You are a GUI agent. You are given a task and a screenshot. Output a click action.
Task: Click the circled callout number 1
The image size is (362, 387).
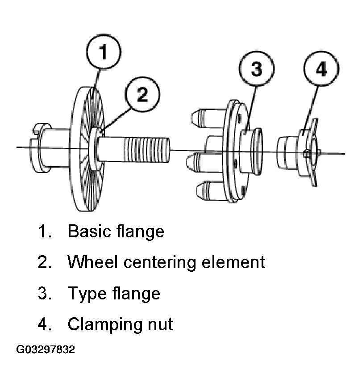coord(104,51)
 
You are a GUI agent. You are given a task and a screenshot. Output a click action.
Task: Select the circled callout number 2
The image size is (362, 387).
coord(142,94)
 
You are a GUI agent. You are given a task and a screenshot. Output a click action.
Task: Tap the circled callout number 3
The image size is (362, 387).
coord(257,68)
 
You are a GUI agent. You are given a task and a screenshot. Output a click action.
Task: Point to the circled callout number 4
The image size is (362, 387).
coord(321,68)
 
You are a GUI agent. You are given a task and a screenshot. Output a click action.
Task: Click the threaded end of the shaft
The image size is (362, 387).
coord(147,150)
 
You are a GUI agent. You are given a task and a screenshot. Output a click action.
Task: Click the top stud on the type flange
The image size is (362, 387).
coord(208,118)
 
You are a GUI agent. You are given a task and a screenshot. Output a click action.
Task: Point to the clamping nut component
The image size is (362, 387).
coord(298,152)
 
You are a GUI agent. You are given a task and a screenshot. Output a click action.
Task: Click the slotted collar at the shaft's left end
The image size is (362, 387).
coord(39,147)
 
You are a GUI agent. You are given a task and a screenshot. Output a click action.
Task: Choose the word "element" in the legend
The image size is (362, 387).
coord(233,262)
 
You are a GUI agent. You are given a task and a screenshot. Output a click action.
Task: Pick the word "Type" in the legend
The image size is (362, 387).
coord(87,294)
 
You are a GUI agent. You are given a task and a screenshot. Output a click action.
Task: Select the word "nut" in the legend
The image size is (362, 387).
coord(160,325)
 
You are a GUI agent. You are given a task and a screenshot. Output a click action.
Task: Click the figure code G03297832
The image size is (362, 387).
coord(46,349)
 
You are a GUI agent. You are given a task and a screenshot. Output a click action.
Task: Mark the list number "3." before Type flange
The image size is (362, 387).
coord(45,293)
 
